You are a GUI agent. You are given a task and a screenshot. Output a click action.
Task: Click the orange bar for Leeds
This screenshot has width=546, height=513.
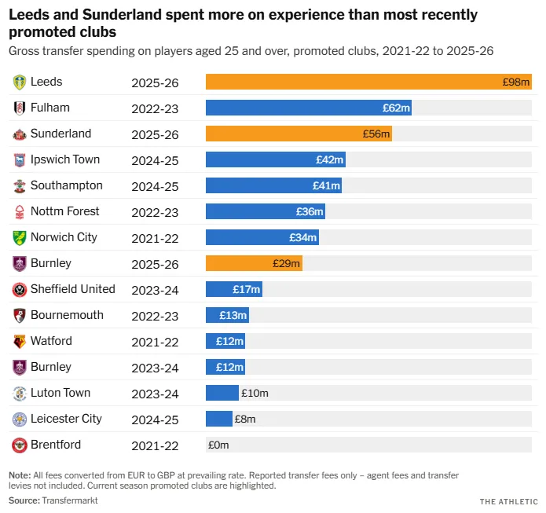368,82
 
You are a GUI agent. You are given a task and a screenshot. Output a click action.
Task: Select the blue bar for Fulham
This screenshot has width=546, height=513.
308,108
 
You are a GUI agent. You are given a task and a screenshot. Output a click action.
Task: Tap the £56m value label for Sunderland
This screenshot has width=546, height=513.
376,134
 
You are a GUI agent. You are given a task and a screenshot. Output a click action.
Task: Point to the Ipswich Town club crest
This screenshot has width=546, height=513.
20,159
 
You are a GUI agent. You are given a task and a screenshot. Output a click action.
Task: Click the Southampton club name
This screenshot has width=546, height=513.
66,185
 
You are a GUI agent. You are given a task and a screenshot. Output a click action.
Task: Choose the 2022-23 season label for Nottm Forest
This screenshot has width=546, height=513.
155,212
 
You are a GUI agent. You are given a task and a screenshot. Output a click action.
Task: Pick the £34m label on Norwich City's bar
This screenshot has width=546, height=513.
303,238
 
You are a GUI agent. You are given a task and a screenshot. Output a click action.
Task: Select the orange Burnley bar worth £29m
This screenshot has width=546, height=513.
254,264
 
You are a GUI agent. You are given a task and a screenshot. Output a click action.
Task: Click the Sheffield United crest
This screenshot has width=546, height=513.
20,289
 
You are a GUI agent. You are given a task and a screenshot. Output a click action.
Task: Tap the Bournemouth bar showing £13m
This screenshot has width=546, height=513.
227,315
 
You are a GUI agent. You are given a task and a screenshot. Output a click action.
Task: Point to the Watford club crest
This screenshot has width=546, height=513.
20,341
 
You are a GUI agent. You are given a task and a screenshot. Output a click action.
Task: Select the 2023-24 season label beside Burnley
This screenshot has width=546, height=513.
155,368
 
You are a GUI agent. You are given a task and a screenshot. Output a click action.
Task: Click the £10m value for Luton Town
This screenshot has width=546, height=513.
255,394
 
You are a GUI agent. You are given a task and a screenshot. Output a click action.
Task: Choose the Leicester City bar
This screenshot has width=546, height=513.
219,419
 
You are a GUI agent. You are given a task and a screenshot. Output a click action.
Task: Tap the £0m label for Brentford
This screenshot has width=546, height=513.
218,445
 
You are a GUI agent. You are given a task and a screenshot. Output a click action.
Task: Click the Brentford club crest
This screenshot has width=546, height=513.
20,445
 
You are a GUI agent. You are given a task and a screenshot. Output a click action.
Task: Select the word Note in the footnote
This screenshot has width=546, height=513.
19,476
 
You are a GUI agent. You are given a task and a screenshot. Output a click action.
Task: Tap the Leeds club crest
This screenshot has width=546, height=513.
20,82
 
